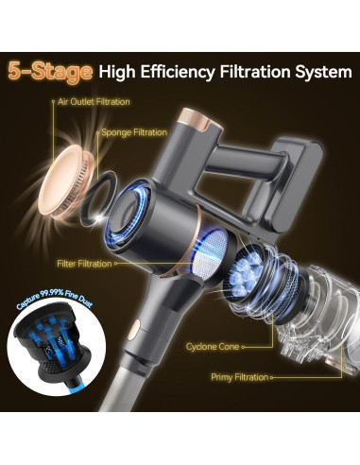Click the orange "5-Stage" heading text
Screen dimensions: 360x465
[x=50, y=73]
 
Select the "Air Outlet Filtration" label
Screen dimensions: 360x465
[x=94, y=102]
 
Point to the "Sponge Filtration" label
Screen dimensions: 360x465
[x=134, y=132]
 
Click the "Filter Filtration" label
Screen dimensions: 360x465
[x=84, y=264]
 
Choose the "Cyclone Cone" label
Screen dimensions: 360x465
[x=213, y=347]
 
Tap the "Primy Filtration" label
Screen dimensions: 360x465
[x=240, y=377]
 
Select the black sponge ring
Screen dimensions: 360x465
[x=98, y=198]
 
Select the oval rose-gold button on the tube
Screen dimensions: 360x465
[x=133, y=331]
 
